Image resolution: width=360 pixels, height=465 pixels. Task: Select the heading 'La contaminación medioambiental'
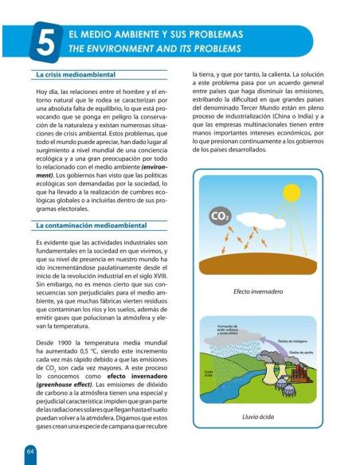[x=87, y=227]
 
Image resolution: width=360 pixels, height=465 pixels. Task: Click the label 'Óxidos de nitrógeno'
[x=294, y=341]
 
